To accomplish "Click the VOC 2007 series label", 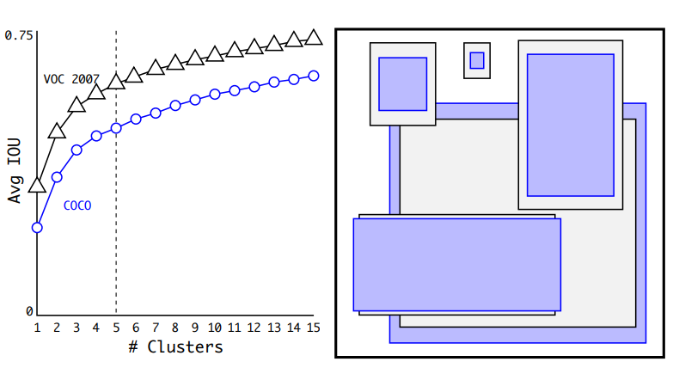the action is (71, 78).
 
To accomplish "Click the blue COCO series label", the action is (77, 205).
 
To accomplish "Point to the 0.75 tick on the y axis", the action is (19, 35).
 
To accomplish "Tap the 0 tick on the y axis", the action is (29, 311).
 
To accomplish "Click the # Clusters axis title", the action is (175, 347).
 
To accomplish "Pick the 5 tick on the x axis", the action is (116, 328).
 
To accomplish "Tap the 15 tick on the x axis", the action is (314, 328).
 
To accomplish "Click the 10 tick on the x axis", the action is (215, 328).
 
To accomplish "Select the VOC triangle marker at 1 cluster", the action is (37, 185).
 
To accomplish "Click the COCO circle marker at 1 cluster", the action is (37, 228).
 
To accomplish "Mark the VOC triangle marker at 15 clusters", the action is (314, 37).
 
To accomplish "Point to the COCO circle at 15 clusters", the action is (314, 76).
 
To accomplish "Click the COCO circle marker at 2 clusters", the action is (57, 177).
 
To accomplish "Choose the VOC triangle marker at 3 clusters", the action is (76, 104).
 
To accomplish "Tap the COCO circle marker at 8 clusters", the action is (175, 105).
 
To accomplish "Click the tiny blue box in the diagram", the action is (477, 60).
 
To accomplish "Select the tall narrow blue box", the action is (570, 126).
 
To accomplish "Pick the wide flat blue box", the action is (456, 265).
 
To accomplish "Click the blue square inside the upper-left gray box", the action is (402, 84).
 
